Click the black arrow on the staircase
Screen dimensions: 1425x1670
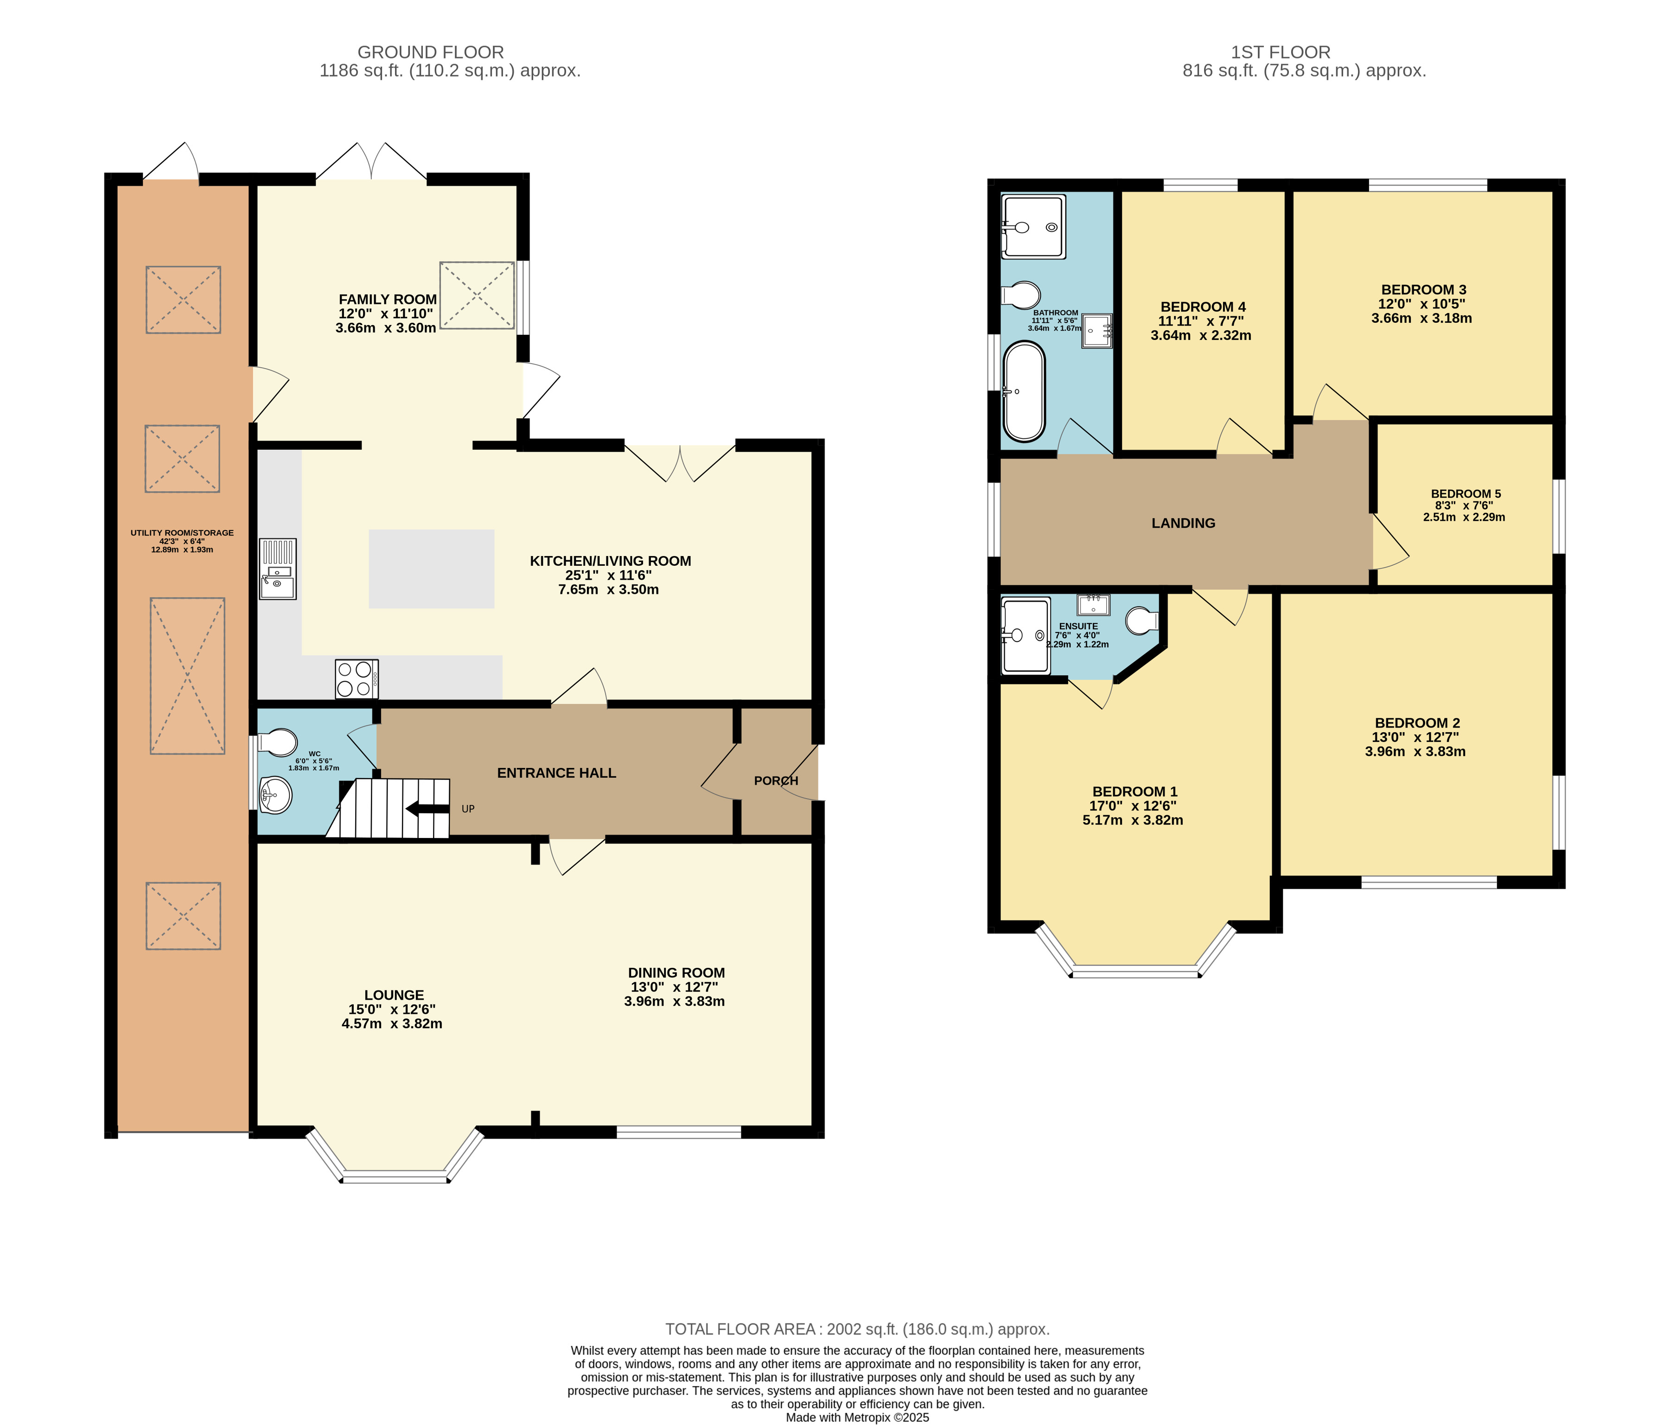[x=427, y=808]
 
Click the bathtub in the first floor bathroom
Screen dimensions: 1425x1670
[x=1024, y=392]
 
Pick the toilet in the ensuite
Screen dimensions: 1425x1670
[x=1142, y=620]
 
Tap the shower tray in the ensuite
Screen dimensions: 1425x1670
[x=1025, y=635]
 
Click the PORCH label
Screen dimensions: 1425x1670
[x=775, y=780]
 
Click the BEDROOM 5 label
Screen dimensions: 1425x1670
[x=1465, y=494]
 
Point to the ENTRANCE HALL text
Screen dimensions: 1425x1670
[x=556, y=773]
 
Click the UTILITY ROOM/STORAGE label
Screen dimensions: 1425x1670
[x=182, y=533]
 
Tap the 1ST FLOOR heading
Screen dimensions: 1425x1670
[x=1280, y=52]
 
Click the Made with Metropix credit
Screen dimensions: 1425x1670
[x=857, y=1417]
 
